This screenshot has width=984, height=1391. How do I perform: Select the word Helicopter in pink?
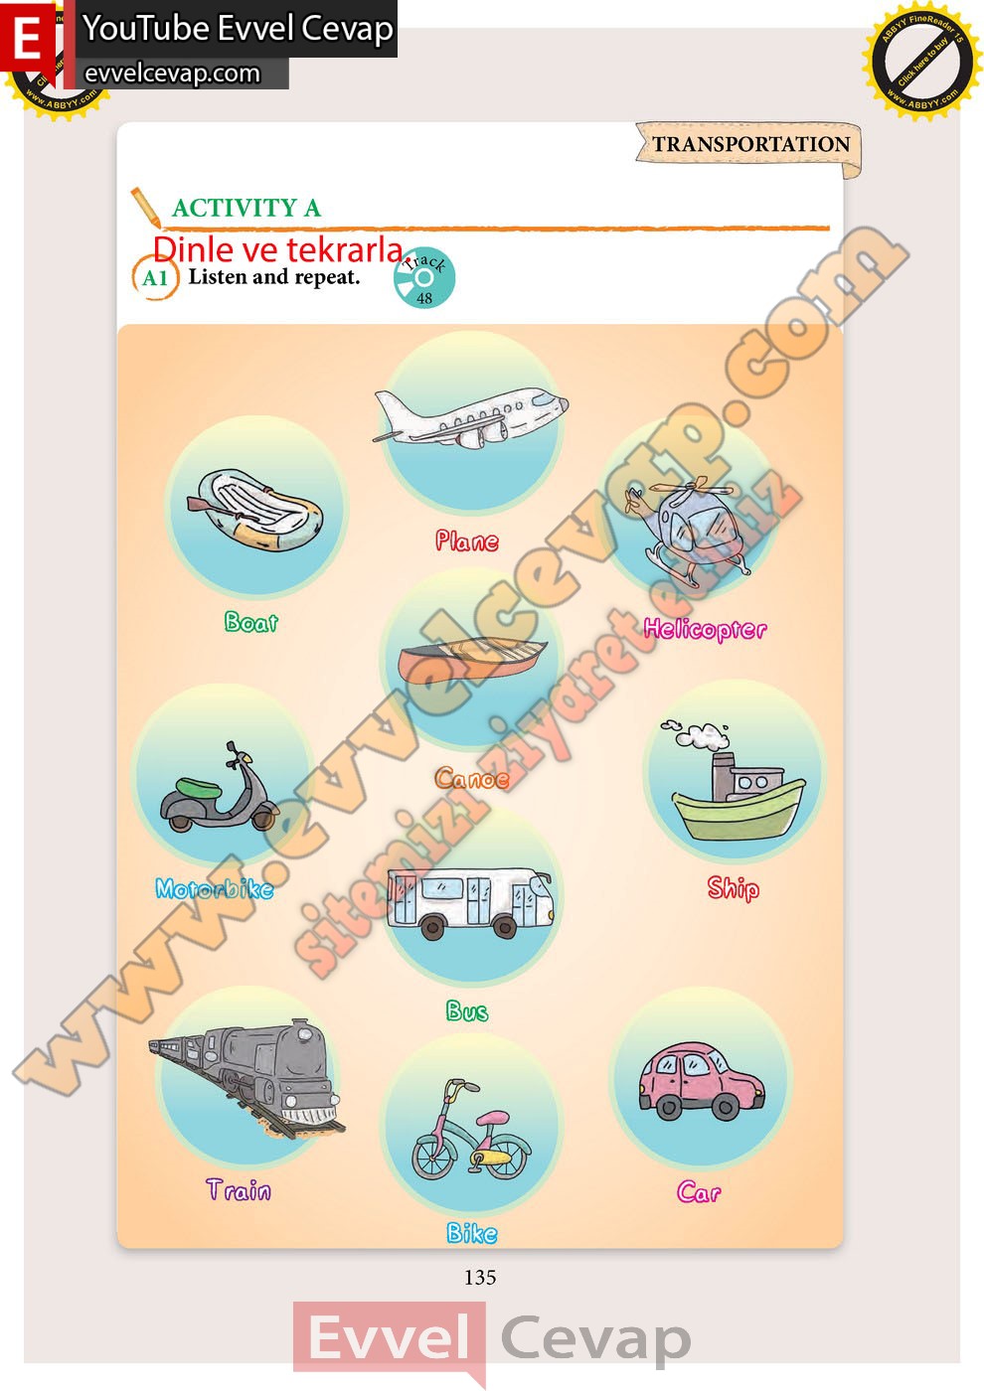705,630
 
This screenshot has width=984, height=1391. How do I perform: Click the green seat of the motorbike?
198,788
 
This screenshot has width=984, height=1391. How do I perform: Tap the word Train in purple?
239,1189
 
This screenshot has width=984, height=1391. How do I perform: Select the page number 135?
480,1278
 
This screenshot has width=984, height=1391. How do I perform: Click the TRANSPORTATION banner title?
751,144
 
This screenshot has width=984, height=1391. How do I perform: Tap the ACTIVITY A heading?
246,208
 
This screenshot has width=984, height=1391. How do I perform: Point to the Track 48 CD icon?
424,277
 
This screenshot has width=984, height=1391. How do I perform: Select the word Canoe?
471,778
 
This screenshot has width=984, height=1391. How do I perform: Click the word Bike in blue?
471,1233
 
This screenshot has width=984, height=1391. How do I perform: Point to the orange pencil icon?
145,207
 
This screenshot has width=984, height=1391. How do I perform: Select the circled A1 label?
155,277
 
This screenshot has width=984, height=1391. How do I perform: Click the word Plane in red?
466,541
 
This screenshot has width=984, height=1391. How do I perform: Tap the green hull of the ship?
738,811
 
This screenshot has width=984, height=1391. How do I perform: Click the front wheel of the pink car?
725,1107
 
